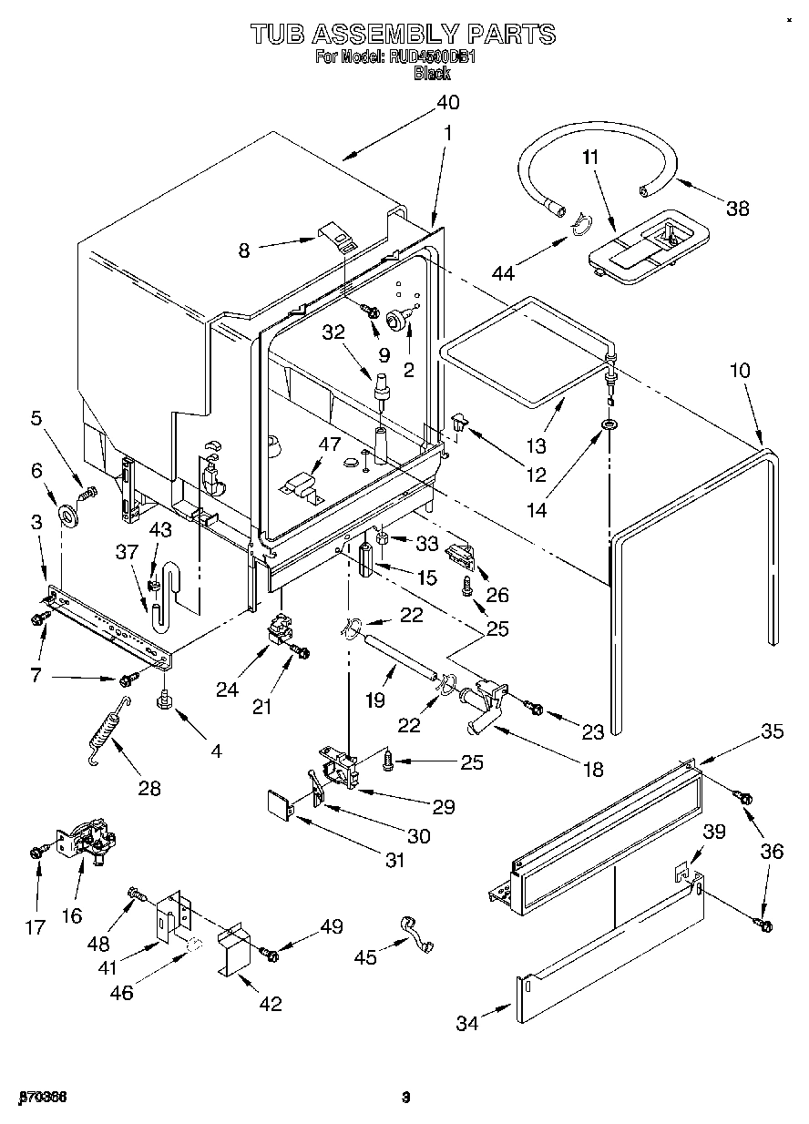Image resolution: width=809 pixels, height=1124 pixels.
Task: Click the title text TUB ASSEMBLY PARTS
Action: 403,35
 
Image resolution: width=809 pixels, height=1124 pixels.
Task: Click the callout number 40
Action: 446,102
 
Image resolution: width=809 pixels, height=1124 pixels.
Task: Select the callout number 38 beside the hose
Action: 738,208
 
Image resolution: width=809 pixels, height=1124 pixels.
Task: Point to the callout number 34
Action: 467,1024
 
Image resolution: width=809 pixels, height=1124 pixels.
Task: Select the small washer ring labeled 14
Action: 608,426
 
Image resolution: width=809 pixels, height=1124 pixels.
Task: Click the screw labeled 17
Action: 36,851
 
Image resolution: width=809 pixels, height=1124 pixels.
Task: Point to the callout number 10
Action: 740,371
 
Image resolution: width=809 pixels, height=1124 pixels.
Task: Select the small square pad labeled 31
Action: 277,804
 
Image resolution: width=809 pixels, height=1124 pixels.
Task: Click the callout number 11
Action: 590,158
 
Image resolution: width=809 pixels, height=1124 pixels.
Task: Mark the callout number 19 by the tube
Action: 375,700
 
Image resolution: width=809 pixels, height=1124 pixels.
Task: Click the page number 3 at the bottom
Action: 406,1097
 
